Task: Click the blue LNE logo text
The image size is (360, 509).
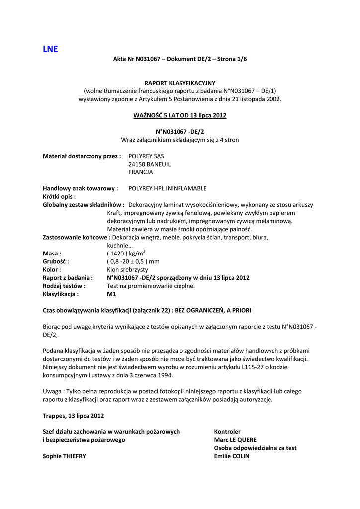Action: [x=50, y=49]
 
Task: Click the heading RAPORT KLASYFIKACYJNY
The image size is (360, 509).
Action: [x=180, y=83]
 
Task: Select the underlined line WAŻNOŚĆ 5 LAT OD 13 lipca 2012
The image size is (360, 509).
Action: [x=180, y=115]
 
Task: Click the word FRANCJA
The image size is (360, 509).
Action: [x=141, y=172]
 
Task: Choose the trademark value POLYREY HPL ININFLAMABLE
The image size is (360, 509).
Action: [x=167, y=188]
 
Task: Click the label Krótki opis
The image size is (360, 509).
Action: [x=59, y=196]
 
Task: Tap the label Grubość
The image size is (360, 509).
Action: [x=56, y=261]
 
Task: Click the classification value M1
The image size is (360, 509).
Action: [x=111, y=294]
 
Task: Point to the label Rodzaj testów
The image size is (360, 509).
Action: [x=64, y=286]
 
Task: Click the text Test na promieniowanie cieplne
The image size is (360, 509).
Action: [x=151, y=286]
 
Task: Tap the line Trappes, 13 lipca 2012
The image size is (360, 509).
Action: [x=74, y=415]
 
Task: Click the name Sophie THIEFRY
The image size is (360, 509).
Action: [x=64, y=456]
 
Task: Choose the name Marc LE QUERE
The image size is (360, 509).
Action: [x=235, y=439]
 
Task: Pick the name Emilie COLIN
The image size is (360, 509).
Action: [x=231, y=456]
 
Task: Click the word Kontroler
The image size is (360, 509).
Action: [x=227, y=431]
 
